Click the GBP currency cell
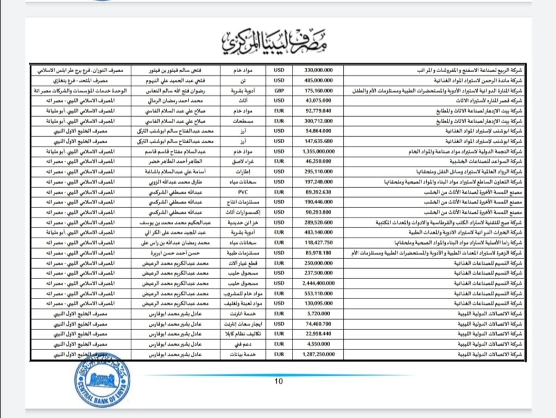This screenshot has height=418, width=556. [x=279, y=91]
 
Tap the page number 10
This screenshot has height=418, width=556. [x=279, y=381]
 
